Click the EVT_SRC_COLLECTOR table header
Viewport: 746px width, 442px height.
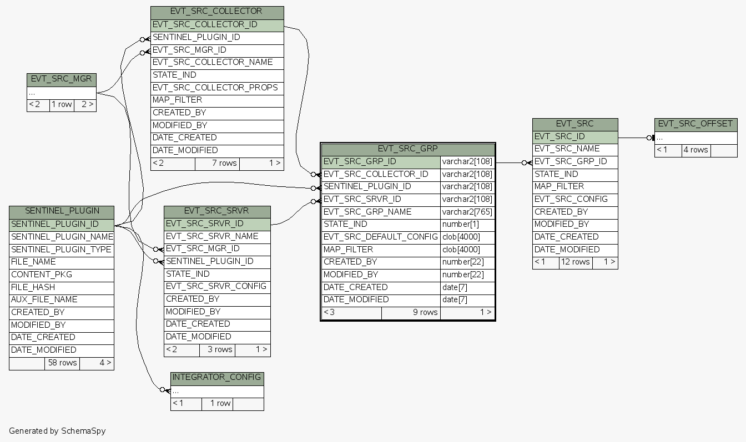(216, 11)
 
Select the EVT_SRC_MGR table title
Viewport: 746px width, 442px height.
(61, 79)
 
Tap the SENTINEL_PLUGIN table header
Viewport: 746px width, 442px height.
(62, 211)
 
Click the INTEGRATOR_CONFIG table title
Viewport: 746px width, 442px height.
(216, 378)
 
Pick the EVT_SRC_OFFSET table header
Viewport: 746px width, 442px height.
(695, 124)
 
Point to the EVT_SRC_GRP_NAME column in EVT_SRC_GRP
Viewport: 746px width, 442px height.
(367, 212)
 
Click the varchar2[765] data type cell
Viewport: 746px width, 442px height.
(467, 212)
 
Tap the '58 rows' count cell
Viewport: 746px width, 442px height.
(62, 363)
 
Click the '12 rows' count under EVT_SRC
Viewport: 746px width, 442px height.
(576, 262)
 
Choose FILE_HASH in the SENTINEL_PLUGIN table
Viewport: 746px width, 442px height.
(33, 287)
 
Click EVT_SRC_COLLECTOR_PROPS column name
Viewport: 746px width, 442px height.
(215, 88)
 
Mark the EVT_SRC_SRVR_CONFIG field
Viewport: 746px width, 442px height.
(216, 286)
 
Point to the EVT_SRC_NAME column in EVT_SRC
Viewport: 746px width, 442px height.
(567, 149)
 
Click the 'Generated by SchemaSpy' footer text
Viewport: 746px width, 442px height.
(57, 430)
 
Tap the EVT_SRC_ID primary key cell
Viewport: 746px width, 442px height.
(559, 136)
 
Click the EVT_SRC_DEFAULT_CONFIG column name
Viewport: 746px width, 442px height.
(381, 237)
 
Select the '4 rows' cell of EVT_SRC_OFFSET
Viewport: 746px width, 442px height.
(695, 150)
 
